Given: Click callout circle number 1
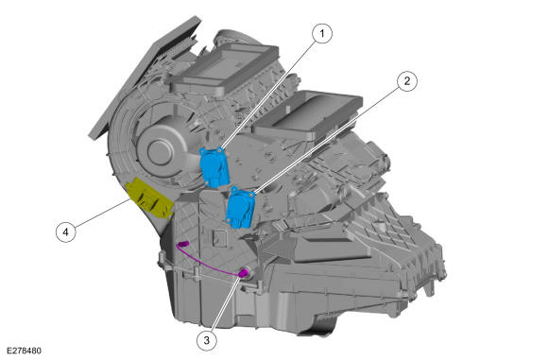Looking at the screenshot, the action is (x=322, y=34).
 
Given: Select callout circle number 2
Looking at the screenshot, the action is (x=407, y=81).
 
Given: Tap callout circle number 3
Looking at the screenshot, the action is (x=207, y=340).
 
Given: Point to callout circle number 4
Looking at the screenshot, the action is (x=66, y=231).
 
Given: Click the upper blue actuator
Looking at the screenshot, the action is (x=214, y=167).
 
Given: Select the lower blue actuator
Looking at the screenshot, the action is (x=240, y=208).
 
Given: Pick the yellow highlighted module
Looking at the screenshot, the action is (x=150, y=198).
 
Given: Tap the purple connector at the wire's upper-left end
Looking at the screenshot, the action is (x=182, y=243).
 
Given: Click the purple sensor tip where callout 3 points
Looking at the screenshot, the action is (x=244, y=273).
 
